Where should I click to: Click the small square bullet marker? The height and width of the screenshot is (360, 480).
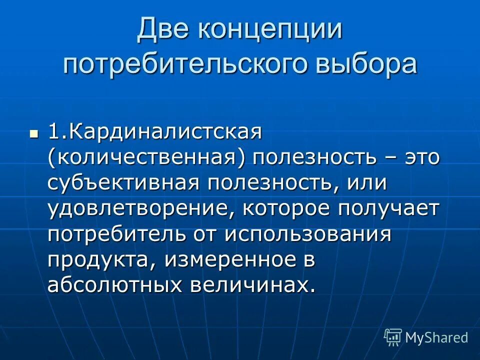click(x=34, y=134)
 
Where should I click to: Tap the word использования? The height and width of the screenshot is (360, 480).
click(x=307, y=234)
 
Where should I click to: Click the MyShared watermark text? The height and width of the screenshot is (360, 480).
click(x=436, y=337)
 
